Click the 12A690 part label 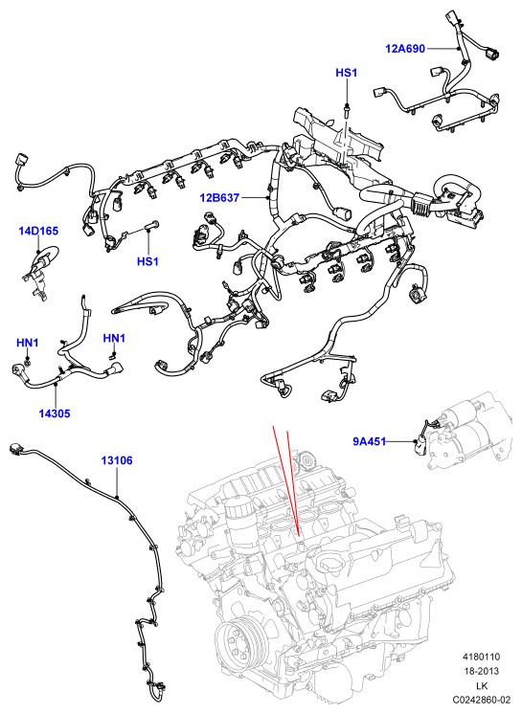click(405, 48)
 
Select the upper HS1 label click(346, 73)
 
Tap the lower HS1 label click(148, 261)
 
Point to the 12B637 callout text click(219, 197)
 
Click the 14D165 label click(38, 231)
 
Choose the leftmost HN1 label click(28, 343)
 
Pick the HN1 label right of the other click(114, 338)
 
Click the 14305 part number click(55, 413)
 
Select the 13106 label click(117, 460)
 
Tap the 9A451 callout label click(370, 441)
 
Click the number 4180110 click(481, 657)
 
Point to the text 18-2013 click(481, 671)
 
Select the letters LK click(482, 685)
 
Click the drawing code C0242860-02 click(481, 699)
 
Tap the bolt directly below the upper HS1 click(347, 110)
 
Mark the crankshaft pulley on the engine click(241, 643)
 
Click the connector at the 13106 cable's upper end click(16, 449)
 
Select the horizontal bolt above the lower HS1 click(151, 225)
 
